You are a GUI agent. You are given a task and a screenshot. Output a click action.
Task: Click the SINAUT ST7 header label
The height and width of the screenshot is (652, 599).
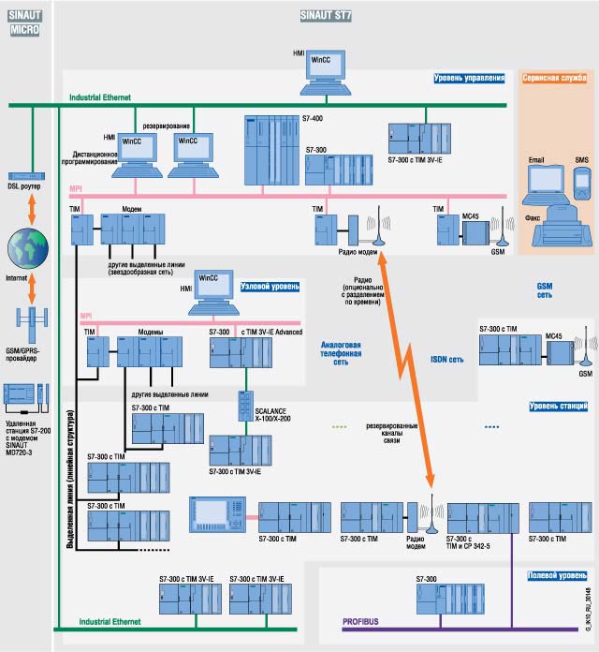point(326,16)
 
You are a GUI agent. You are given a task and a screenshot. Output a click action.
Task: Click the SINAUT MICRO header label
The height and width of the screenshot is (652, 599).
point(25,23)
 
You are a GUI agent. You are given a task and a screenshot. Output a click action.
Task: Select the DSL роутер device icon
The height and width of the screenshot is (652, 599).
point(25,175)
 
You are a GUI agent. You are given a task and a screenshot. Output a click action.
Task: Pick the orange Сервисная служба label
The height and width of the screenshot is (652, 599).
point(556,80)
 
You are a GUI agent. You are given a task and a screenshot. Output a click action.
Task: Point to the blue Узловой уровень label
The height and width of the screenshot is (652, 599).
point(271,288)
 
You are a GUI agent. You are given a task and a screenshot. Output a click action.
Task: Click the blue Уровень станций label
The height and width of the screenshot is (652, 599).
point(559,406)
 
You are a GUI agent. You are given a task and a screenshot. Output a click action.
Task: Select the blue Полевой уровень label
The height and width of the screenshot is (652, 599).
point(558,575)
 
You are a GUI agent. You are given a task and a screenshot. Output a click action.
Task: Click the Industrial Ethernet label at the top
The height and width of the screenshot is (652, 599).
point(100,96)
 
